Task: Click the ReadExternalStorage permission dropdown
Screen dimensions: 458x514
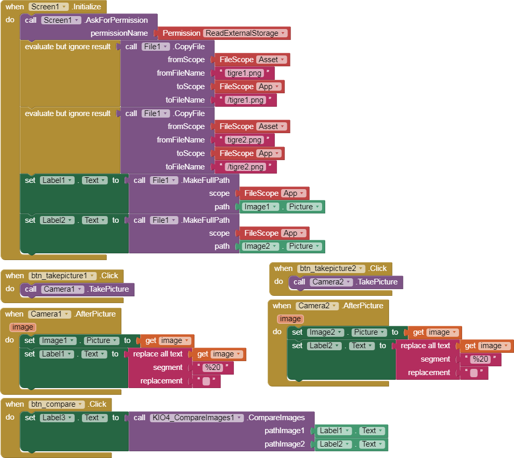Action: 246,33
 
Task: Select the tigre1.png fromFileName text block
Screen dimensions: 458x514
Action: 245,73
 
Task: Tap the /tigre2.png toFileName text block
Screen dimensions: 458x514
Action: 245,167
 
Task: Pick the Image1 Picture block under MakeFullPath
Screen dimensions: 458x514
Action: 282,207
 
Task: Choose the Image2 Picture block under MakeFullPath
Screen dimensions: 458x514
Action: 282,247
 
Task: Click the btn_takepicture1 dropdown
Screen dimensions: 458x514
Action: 62,276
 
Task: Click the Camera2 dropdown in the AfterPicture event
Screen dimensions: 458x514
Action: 317,306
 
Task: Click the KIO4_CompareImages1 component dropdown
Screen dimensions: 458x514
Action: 197,418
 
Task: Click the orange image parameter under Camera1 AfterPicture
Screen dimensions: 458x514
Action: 23,327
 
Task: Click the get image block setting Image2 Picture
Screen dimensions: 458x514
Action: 434,332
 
